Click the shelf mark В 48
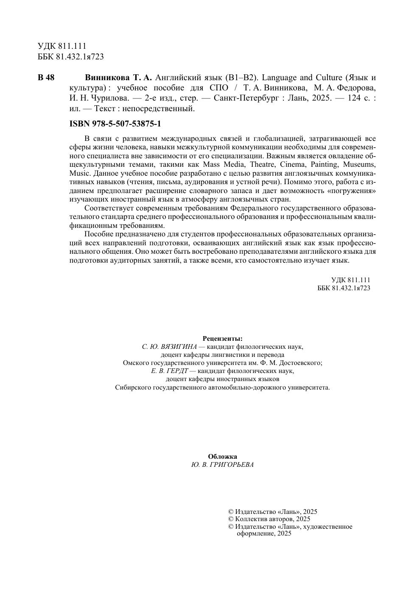(x=46, y=78)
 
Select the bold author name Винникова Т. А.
(x=118, y=78)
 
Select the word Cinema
(x=293, y=165)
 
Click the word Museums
(x=359, y=165)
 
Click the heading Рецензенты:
(x=223, y=339)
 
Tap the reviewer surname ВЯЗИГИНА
(x=180, y=347)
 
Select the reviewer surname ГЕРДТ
(x=178, y=371)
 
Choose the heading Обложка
(x=223, y=457)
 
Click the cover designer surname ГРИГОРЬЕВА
(x=232, y=465)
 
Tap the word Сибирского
(x=133, y=387)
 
